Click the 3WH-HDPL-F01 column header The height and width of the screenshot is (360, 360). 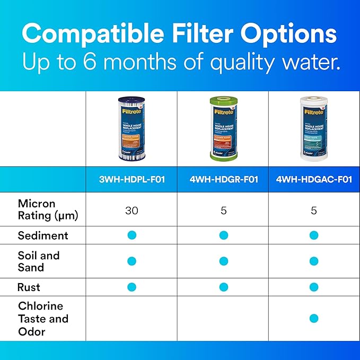tap(131, 179)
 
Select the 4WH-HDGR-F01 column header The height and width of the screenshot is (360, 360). tap(223, 179)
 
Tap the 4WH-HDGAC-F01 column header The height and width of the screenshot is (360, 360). tap(314, 179)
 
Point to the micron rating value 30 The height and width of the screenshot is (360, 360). tap(131, 210)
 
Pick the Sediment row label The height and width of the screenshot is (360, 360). tap(43, 235)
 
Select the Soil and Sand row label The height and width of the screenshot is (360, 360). tap(39, 261)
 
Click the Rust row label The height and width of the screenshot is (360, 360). tap(29, 287)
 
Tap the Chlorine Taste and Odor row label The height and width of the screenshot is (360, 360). tap(43, 319)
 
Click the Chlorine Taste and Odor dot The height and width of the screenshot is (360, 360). tap(314, 319)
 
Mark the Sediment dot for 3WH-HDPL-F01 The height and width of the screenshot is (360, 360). tap(132, 235)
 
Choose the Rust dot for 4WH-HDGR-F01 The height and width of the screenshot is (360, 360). tap(223, 287)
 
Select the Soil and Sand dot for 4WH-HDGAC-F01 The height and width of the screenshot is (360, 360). tap(314, 261)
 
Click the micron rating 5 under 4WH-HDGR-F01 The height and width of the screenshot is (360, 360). tap(223, 210)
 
